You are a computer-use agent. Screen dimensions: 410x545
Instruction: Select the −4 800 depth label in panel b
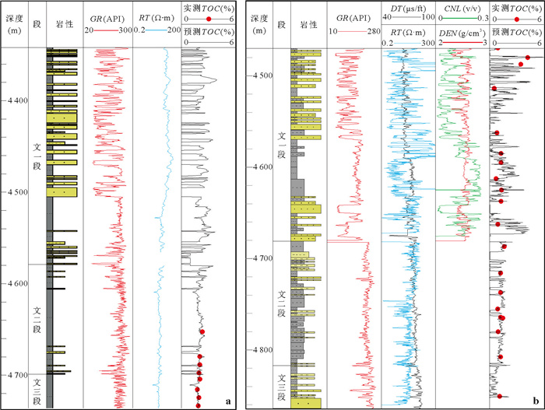click(x=262, y=350)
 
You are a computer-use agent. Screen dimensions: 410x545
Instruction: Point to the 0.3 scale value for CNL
click(x=481, y=17)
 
